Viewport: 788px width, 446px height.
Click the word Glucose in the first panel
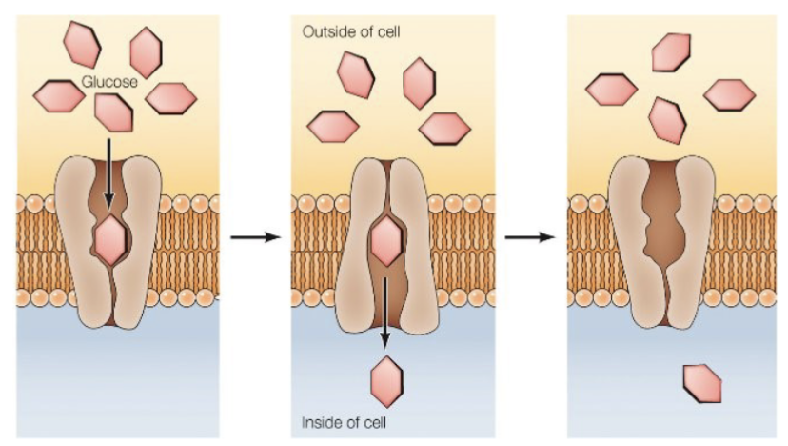[x=110, y=82]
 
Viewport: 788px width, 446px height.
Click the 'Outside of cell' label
[x=351, y=32]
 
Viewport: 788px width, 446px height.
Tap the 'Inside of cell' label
[x=345, y=422]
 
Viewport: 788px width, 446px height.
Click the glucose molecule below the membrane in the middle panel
[x=386, y=381]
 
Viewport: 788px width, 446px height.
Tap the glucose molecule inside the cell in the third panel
[x=702, y=382]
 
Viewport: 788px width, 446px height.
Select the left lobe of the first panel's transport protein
[x=76, y=238]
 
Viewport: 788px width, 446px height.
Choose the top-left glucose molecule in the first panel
[x=82, y=43]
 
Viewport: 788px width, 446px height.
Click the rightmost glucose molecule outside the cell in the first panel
[x=171, y=97]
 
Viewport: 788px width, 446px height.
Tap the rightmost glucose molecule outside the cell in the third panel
[x=729, y=94]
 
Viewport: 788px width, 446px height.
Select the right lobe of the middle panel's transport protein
[x=415, y=238]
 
